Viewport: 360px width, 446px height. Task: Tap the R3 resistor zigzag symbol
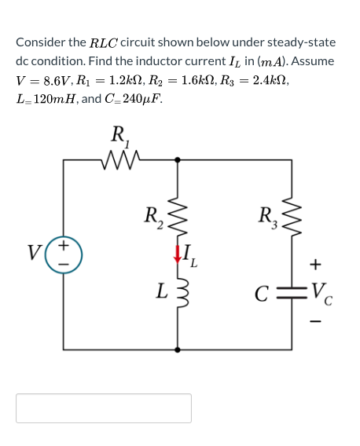tap(294, 212)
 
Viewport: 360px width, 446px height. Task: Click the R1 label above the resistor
tap(120, 137)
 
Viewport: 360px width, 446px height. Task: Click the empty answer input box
tap(104, 408)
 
